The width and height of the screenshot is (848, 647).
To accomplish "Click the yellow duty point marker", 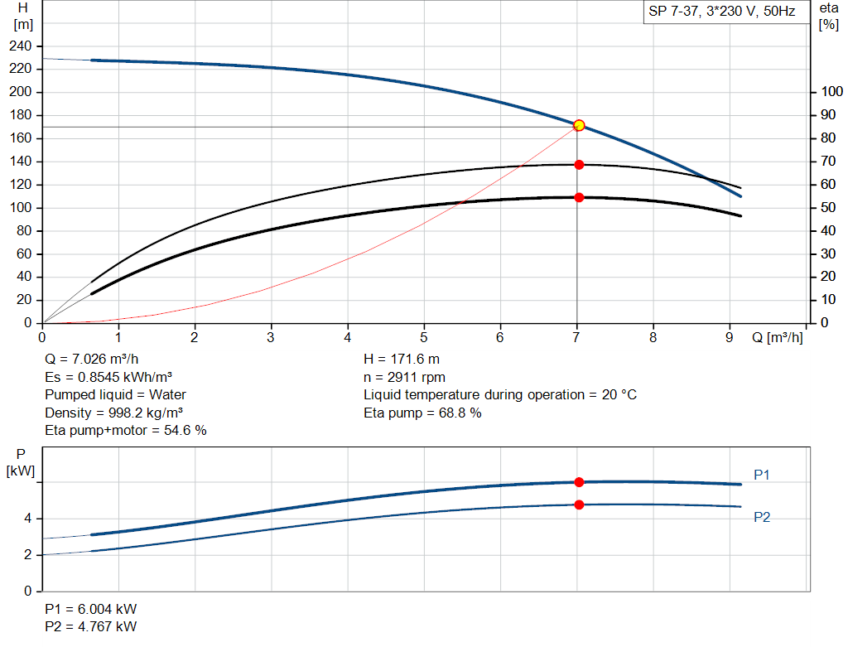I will tap(579, 125).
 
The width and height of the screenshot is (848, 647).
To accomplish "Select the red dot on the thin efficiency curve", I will tap(579, 165).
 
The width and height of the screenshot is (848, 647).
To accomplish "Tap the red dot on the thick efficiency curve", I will tap(579, 197).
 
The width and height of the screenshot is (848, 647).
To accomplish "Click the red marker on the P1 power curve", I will tap(579, 482).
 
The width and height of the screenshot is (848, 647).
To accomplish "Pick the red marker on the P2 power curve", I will tap(579, 505).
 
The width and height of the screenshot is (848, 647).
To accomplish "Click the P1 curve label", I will tap(762, 475).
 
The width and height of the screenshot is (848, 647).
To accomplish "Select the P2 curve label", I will tap(762, 517).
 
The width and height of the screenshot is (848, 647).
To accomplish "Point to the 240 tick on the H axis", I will tap(23, 46).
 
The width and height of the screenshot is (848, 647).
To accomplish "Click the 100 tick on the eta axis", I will tap(830, 92).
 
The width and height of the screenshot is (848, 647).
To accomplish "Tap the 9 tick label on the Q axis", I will tap(729, 337).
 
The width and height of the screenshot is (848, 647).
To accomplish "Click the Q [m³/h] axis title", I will tap(777, 337).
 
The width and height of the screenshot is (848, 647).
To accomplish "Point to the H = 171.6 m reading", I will tap(402, 360).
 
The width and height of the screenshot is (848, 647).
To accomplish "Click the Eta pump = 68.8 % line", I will tap(422, 413).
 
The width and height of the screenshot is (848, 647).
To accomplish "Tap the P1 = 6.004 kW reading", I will tap(91, 609).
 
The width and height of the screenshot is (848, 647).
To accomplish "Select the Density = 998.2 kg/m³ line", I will tap(113, 413).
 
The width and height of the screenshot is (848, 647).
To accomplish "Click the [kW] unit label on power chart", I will tap(22, 471).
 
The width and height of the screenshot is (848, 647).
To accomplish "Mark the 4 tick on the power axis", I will tap(27, 519).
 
